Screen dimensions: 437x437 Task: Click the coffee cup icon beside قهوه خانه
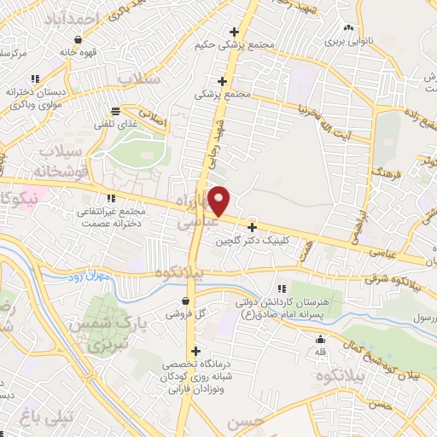79,39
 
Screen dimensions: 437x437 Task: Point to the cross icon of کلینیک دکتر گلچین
252,227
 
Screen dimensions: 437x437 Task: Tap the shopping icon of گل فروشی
186,300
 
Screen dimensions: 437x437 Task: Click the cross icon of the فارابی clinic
197,350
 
